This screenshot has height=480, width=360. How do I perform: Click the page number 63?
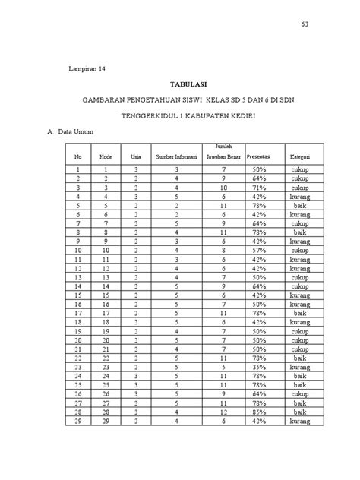[x=304, y=24]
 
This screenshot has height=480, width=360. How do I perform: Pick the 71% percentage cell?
[x=259, y=187]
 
